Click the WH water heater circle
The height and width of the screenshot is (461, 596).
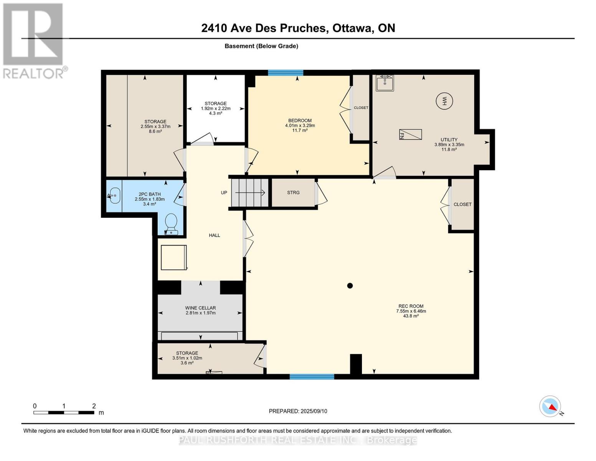click(444, 101)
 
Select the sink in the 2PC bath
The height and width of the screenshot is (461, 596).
click(114, 196)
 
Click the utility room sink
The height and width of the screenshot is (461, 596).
click(385, 83)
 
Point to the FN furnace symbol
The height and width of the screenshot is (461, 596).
click(410, 134)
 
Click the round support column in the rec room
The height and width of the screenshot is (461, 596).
click(350, 286)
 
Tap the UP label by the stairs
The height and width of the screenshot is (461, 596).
click(224, 193)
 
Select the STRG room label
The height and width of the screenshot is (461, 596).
click(293, 193)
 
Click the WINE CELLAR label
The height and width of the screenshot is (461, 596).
click(200, 308)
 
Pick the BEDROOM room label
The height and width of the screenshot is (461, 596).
click(300, 121)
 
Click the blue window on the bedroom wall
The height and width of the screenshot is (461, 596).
click(286, 73)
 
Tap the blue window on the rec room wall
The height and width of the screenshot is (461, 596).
click(312, 377)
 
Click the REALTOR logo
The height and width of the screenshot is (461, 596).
click(34, 41)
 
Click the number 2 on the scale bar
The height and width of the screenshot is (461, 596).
click(94, 406)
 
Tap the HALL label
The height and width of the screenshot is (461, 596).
click(215, 235)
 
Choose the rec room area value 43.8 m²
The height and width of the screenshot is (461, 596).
click(411, 316)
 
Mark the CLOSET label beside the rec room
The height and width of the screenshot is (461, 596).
click(462, 204)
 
